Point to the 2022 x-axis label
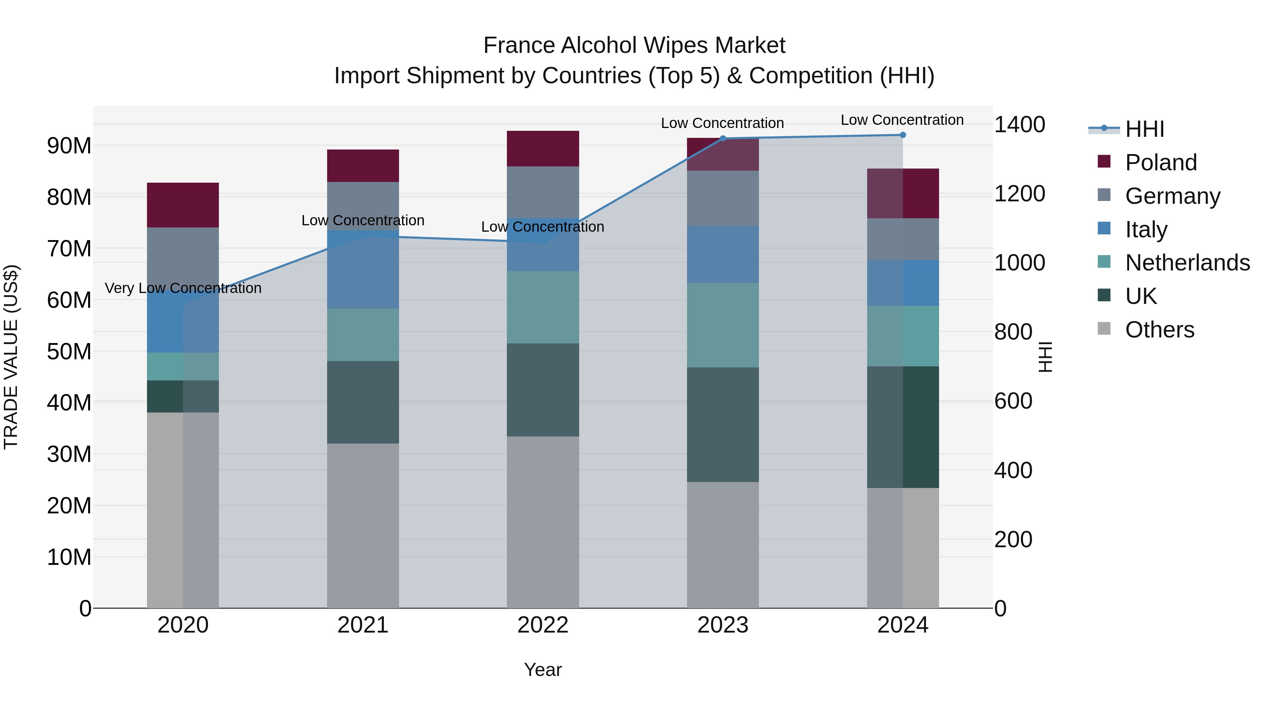[542, 625]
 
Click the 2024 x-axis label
[902, 625]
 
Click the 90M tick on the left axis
[69, 146]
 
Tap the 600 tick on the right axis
[1013, 401]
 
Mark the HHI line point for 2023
[723, 139]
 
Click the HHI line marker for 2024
[902, 135]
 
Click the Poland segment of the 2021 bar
[363, 166]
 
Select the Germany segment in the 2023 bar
[723, 198]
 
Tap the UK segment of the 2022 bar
[542, 390]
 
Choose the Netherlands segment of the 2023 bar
[723, 325]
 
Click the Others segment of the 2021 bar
[363, 525]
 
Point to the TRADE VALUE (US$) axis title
[11, 357]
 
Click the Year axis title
[542, 670]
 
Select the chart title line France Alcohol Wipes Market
[634, 45]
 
